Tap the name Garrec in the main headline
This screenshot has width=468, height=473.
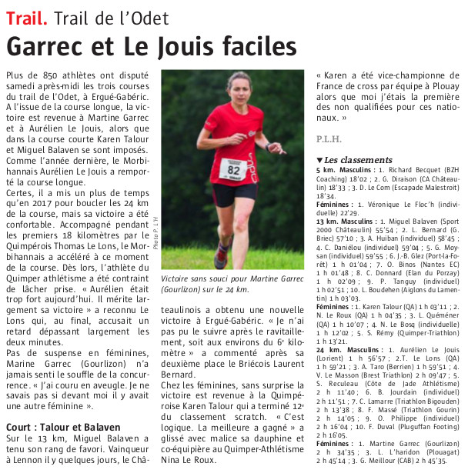56,47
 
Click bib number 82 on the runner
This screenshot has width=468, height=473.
233,168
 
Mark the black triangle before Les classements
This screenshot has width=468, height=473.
320,159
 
